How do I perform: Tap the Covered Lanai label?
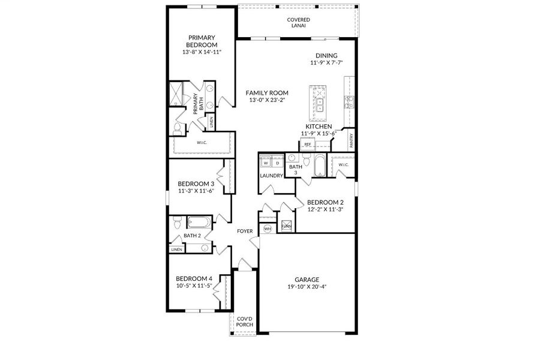(x=298, y=23)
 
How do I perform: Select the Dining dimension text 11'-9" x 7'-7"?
(x=326, y=62)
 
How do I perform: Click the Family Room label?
(x=267, y=93)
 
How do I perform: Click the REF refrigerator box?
(x=308, y=145)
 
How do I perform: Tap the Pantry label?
(x=351, y=142)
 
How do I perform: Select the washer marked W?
(x=266, y=163)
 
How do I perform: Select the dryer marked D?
(x=277, y=163)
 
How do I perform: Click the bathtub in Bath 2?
(x=197, y=223)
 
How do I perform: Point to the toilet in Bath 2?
(x=176, y=224)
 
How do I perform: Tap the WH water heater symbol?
(x=268, y=228)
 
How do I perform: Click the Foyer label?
(x=245, y=231)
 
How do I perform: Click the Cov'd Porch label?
(x=244, y=322)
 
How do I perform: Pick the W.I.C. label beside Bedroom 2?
(x=343, y=164)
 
